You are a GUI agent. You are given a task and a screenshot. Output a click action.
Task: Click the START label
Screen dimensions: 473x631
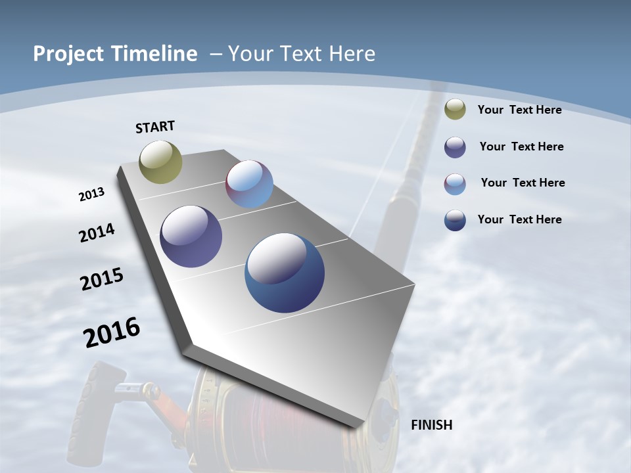pos(155,127)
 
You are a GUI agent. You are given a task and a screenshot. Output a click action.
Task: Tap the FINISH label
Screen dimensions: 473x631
pos(432,425)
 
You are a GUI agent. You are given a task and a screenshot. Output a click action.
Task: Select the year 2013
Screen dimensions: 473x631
pos(91,194)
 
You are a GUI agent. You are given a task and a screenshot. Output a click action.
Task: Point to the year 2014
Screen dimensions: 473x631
pos(97,233)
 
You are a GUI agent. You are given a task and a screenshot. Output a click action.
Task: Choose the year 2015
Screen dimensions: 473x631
pos(102,279)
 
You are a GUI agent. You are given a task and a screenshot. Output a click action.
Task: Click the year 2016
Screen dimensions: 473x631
pos(112,332)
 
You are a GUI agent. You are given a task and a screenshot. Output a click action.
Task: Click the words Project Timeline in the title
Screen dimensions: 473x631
pos(115,54)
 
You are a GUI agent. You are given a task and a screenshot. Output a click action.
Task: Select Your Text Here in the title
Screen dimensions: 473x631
pos(302,54)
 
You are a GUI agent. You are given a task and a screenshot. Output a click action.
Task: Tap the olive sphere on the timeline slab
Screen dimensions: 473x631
pos(161,162)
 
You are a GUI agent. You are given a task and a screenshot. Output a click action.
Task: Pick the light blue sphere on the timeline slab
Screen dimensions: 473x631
pos(249,184)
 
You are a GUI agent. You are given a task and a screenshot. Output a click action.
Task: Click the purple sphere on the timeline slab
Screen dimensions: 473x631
pos(191,236)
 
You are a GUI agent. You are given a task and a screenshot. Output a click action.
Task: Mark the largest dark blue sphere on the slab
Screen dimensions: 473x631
pos(285,273)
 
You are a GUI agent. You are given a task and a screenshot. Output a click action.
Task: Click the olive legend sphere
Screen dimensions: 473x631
pos(455,110)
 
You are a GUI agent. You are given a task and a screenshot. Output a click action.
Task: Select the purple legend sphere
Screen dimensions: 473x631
pos(455,147)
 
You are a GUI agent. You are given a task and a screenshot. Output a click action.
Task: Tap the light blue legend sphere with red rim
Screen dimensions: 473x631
pos(455,184)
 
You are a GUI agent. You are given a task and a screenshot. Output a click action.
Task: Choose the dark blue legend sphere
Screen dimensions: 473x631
pos(455,220)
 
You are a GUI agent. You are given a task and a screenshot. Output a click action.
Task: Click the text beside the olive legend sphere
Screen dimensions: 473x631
pos(519,110)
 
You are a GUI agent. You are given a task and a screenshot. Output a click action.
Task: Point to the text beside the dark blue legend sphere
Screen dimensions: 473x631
pos(519,219)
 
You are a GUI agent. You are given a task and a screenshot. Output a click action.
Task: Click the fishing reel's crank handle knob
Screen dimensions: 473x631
pos(99,401)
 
